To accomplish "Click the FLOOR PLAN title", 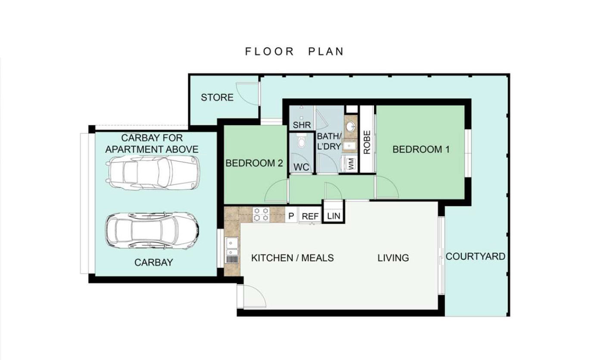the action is (295, 51).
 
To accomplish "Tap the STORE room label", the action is (217, 97).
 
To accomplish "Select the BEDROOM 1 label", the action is (421, 149).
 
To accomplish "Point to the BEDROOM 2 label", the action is (254, 163).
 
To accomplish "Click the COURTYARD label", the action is (476, 256).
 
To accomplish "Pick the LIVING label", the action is (393, 258).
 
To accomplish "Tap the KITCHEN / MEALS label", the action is (292, 258).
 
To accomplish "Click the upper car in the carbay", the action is (152, 173).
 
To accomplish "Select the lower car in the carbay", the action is (152, 230).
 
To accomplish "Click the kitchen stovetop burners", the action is (261, 214).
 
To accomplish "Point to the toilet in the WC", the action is (301, 140).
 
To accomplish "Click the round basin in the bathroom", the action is (351, 126).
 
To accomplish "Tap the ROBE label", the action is (367, 143).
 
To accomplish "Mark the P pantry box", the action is (291, 216).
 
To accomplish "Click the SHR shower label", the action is (302, 125).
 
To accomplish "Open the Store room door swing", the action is (246, 93).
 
